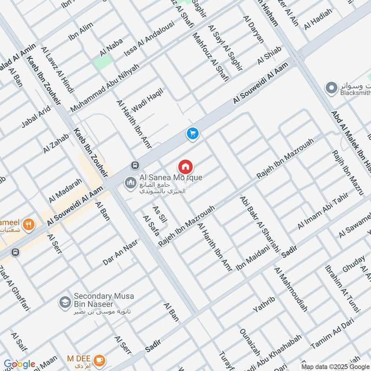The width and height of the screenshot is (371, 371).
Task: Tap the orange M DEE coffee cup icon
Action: pos(99,360)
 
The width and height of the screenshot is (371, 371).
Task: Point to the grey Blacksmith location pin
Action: pos(331,87)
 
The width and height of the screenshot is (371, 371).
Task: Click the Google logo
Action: pos(19,365)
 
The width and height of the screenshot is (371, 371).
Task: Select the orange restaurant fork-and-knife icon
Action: pos(29,224)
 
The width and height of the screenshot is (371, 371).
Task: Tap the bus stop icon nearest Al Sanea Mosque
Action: pos(134,165)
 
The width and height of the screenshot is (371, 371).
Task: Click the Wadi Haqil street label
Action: pos(148,99)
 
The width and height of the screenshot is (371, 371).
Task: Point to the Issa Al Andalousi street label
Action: pos(148,39)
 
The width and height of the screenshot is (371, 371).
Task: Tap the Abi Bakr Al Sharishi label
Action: pos(260,224)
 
